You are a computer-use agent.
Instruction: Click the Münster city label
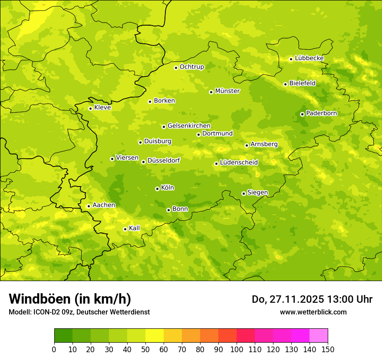(227, 91)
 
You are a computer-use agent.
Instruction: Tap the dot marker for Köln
(157, 189)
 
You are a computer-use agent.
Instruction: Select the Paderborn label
(322, 113)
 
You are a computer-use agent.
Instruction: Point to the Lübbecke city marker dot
(291, 59)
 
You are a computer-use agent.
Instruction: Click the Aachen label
(104, 205)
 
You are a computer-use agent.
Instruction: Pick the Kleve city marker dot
(90, 108)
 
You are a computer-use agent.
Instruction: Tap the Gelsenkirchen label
(189, 126)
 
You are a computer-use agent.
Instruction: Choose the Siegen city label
(257, 193)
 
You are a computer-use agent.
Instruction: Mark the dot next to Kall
(125, 229)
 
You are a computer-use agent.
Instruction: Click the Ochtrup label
(192, 67)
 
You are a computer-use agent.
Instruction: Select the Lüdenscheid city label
(239, 163)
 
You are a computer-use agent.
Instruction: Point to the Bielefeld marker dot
(285, 84)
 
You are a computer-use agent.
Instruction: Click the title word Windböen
(40, 299)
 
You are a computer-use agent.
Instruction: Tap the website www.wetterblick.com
(313, 312)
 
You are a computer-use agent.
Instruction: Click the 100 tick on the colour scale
(237, 349)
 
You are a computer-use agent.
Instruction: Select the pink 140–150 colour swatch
(319, 336)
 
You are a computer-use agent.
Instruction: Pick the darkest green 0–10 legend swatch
(63, 336)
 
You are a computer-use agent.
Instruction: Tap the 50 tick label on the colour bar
(145, 349)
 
